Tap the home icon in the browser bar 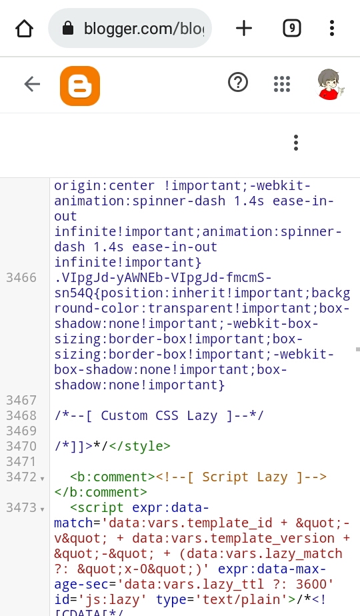pyautogui.click(x=24, y=28)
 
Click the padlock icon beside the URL pyautogui.click(x=68, y=28)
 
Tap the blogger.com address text pyautogui.click(x=144, y=29)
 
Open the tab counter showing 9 pyautogui.click(x=292, y=28)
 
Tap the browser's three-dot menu pyautogui.click(x=332, y=28)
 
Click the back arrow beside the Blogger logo pyautogui.click(x=32, y=84)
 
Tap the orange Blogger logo pyautogui.click(x=80, y=85)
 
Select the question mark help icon pyautogui.click(x=238, y=83)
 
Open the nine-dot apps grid pyautogui.click(x=282, y=84)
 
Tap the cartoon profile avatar pyautogui.click(x=329, y=84)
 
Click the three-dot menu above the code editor pyautogui.click(x=296, y=143)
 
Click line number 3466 pyautogui.click(x=21, y=278)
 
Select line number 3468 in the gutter pyautogui.click(x=21, y=415)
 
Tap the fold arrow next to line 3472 pyautogui.click(x=42, y=479)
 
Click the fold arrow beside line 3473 pyautogui.click(x=42, y=509)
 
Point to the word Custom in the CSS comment pyautogui.click(x=124, y=415)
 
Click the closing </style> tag pyautogui.click(x=139, y=446)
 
